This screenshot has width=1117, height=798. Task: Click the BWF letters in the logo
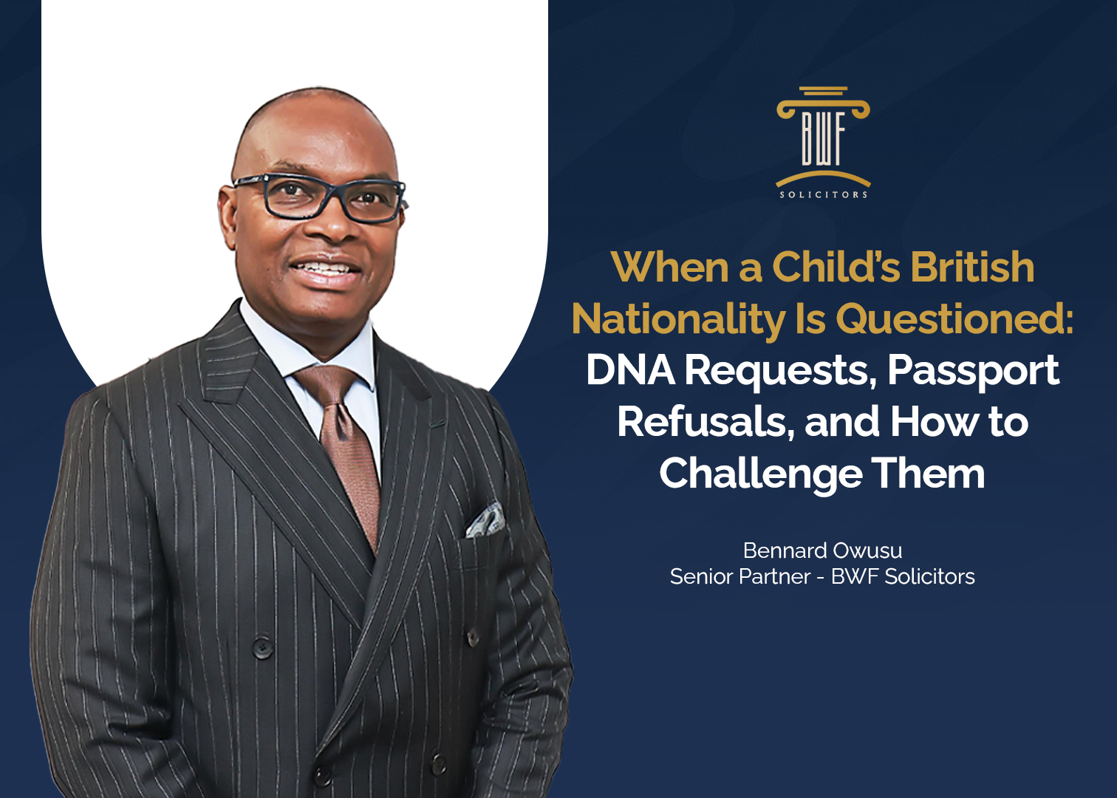point(823,140)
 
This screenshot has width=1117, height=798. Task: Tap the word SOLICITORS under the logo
point(823,195)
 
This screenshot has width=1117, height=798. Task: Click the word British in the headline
point(972,267)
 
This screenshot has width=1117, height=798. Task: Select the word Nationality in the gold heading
point(679,319)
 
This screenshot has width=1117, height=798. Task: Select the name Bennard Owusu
point(823,550)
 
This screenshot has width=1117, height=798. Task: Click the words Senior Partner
point(740,576)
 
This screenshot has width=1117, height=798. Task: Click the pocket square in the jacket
point(485,521)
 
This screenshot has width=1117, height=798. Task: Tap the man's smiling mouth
point(325,271)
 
